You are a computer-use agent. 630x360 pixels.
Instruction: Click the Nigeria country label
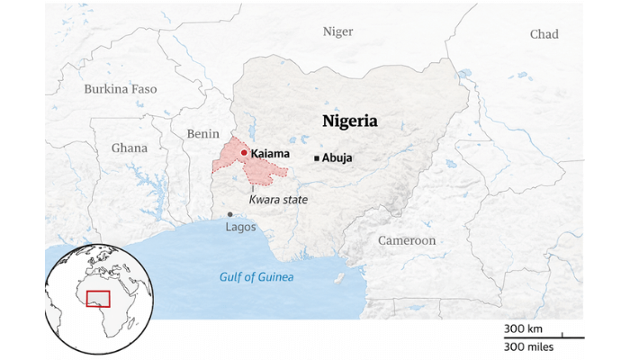(x=350, y=121)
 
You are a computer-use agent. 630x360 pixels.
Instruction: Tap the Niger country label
(x=337, y=31)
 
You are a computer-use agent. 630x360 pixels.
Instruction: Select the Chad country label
(x=544, y=34)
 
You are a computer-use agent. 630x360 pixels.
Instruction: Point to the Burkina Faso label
(x=120, y=89)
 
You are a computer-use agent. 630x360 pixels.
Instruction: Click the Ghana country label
(x=130, y=148)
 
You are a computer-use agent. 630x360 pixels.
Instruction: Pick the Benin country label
(x=202, y=134)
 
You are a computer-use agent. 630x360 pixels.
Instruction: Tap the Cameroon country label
(x=406, y=240)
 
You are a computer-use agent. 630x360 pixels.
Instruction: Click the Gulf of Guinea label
(x=256, y=277)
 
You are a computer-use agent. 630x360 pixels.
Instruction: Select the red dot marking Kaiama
(x=244, y=153)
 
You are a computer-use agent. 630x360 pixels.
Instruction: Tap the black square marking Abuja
(x=316, y=158)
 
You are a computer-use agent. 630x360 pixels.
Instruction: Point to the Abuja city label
(x=337, y=158)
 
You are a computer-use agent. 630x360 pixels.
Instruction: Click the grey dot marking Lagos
(x=230, y=214)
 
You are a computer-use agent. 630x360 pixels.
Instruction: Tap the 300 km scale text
(x=521, y=329)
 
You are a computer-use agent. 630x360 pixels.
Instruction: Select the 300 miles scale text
(x=528, y=346)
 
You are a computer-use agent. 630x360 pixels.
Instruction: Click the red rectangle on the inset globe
(x=96, y=299)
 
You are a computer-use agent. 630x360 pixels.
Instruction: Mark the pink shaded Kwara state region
(x=236, y=165)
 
